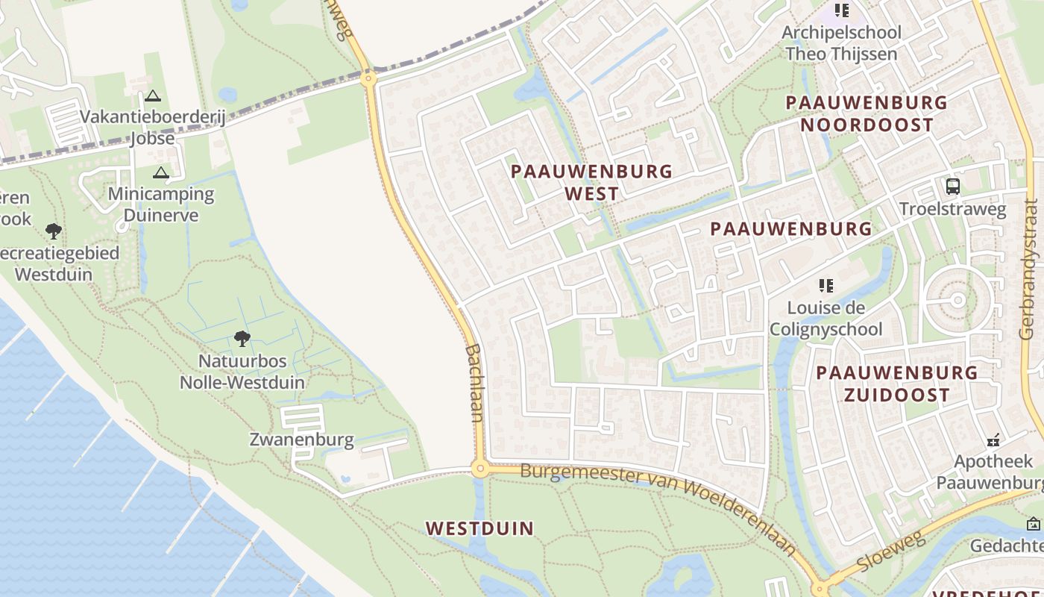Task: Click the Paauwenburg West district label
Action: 591,182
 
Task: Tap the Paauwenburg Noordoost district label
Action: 866,113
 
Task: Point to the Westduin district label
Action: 479,528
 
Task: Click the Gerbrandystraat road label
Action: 1031,269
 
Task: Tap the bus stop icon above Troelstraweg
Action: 952,186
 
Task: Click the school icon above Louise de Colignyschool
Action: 826,285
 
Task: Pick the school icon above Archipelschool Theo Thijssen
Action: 841,10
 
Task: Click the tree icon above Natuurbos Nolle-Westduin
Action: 242,339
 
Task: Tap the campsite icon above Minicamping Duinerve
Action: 160,173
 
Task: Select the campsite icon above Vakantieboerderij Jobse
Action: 153,96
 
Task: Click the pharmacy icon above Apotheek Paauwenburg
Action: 993,440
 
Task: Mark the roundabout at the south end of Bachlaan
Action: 479,469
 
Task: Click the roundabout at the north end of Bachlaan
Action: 368,78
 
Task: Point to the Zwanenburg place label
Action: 301,439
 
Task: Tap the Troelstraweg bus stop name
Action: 952,209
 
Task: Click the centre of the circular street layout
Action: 957,300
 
